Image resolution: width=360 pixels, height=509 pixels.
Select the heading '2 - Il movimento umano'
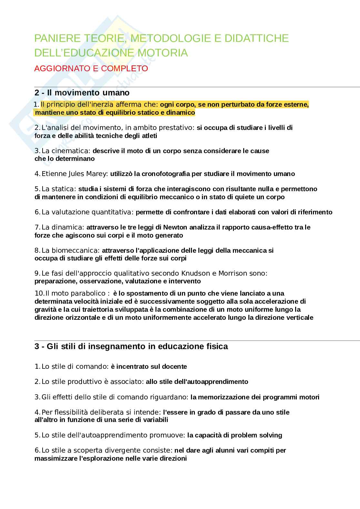pos(82,93)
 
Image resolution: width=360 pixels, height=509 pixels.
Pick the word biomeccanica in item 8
pos(80,250)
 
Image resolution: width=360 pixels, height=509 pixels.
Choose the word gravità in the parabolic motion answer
pos(45,309)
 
